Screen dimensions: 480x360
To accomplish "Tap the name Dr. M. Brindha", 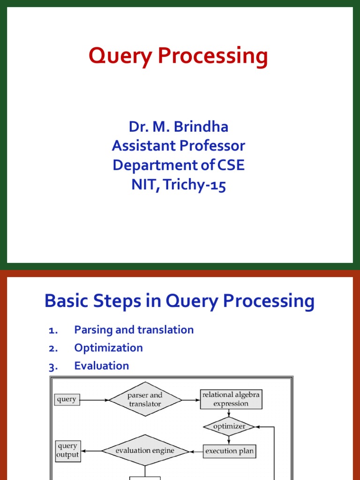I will pos(179,127).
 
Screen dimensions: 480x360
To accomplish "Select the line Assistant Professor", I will pos(179,146).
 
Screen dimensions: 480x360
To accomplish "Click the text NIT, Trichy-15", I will pos(179,185).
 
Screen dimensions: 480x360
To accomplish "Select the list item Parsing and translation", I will pos(134,330).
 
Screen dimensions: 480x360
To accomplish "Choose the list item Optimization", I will pos(108,348).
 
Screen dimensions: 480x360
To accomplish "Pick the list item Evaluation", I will pos(101,366).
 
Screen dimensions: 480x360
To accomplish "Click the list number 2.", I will pos(52,348).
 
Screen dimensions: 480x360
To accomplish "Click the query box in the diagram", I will pos(67,400).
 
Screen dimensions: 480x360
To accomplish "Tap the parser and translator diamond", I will pos(145,400).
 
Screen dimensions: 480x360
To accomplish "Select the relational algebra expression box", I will pos(231,399).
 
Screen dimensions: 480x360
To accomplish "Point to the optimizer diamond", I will pos(229,427).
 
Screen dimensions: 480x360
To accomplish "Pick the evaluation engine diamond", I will pos(145,451).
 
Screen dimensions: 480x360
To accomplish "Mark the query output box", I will pos(67,451).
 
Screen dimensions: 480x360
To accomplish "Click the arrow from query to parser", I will pos(94,400).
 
